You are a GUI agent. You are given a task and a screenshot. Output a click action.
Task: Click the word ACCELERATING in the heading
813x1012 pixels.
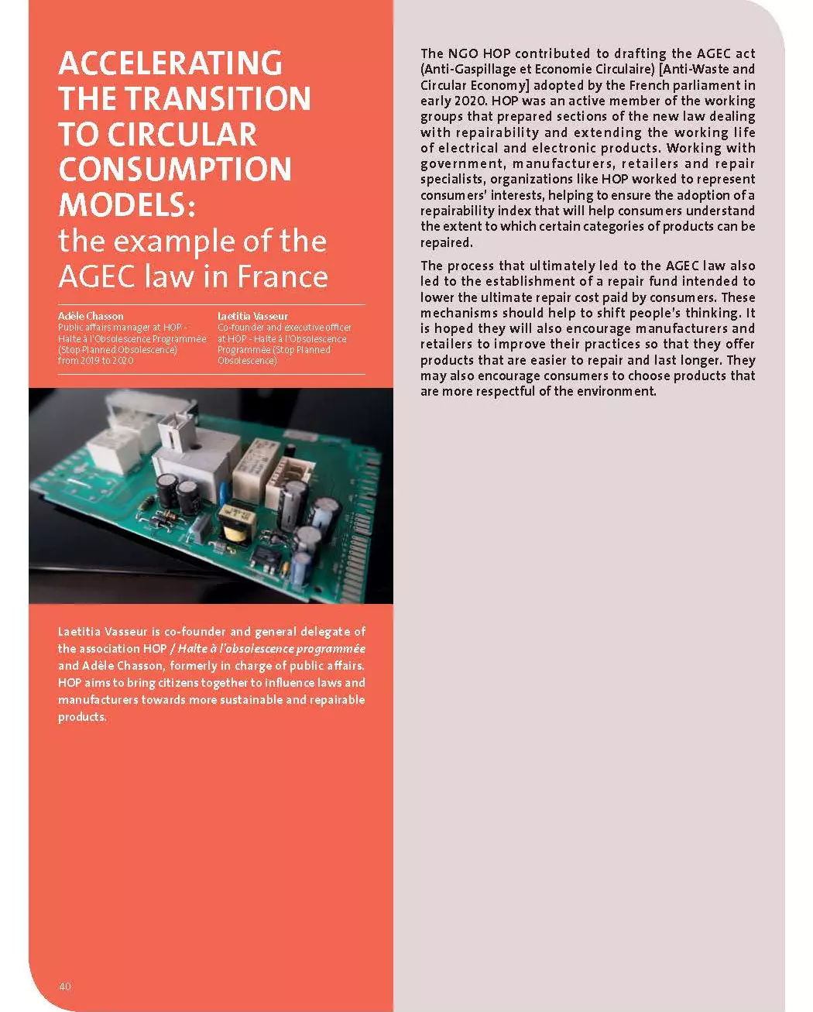tap(170, 63)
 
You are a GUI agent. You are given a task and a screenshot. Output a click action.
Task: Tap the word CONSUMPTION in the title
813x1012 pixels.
tap(175, 170)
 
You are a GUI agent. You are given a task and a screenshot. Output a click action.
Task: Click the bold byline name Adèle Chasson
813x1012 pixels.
tap(91, 316)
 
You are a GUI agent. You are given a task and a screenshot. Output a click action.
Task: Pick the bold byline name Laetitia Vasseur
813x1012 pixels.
tap(252, 316)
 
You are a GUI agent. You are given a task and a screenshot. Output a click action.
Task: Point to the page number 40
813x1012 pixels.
tap(64, 986)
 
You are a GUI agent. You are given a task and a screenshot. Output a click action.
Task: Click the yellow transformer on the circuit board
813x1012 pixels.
tap(232, 533)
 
